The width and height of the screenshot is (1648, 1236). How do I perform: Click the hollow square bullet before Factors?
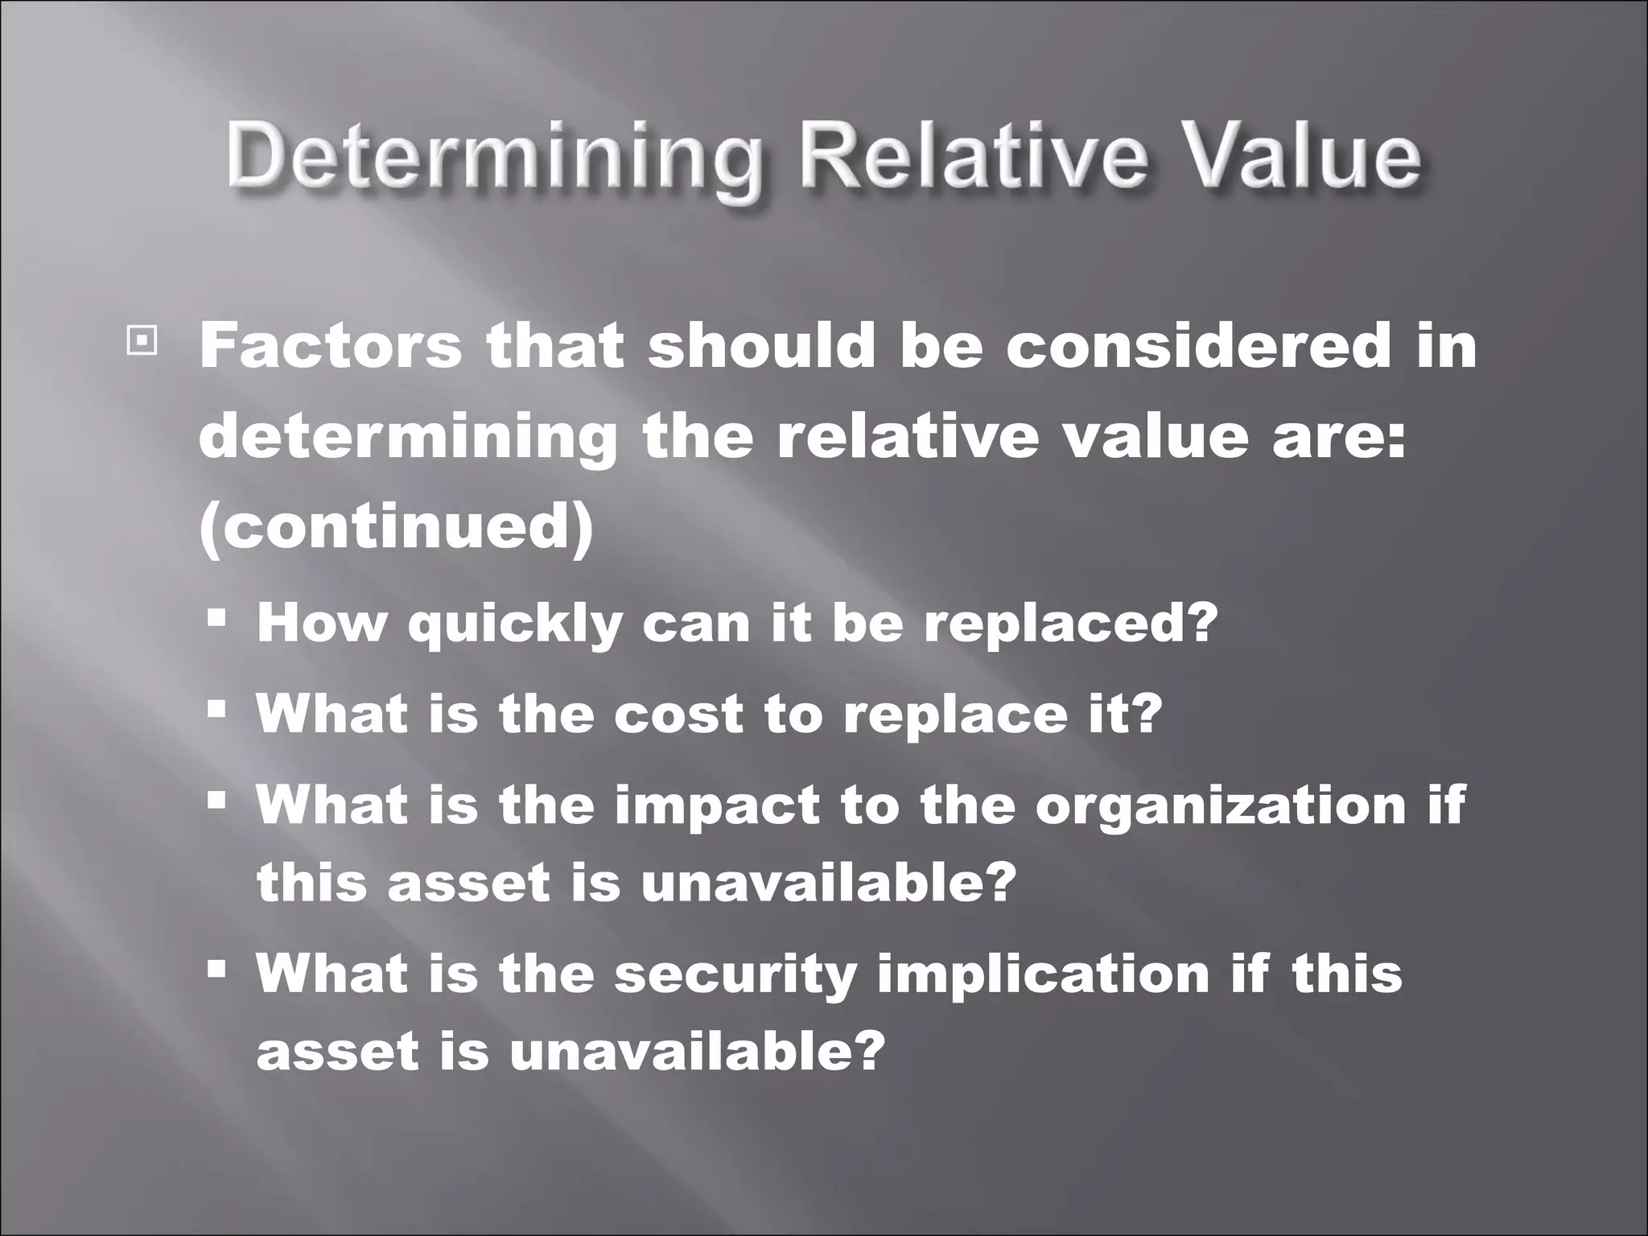click(141, 342)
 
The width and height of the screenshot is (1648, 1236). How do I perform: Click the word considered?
click(1198, 346)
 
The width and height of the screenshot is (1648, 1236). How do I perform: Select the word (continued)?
click(396, 528)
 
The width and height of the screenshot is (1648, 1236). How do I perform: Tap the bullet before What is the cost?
click(216, 709)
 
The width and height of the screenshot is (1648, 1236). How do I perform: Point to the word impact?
click(717, 804)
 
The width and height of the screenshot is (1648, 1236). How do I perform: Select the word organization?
click(1220, 804)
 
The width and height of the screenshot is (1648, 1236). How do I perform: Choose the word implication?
click(1043, 973)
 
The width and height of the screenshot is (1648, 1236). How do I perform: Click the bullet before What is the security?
click(216, 969)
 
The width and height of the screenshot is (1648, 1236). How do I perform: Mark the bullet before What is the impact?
click(216, 800)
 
